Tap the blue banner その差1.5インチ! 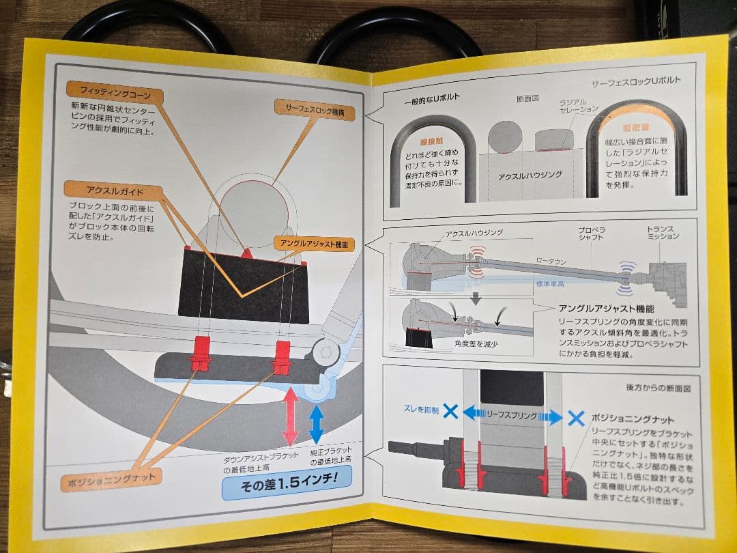click(x=287, y=487)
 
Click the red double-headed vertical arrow click(x=290, y=416)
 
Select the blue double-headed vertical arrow click(x=316, y=424)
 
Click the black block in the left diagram click(x=242, y=287)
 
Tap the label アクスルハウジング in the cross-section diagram click(x=530, y=175)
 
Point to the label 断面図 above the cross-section click(x=528, y=98)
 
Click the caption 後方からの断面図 click(x=659, y=387)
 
